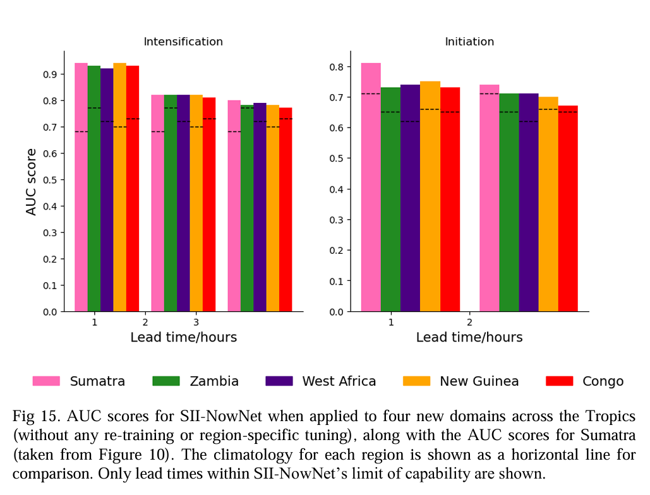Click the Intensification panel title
point(183,42)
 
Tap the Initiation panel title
point(469,42)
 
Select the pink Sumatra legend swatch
point(46,381)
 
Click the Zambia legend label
point(215,381)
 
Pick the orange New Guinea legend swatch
point(416,381)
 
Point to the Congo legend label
point(603,381)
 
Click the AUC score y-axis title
point(32,182)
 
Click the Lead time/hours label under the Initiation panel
point(469,337)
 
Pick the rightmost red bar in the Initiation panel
point(568,208)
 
